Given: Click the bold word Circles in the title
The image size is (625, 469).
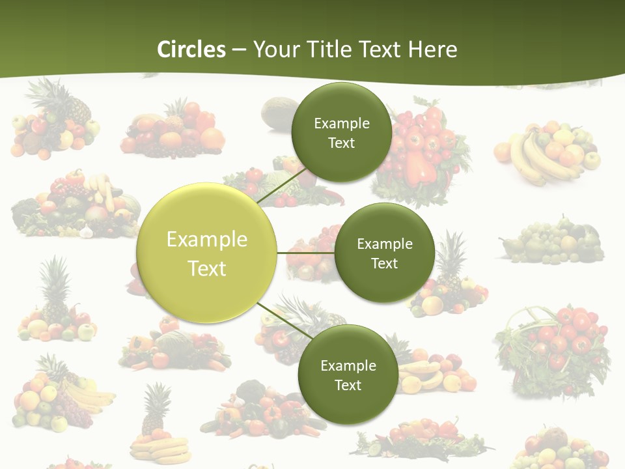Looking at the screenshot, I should tap(191, 50).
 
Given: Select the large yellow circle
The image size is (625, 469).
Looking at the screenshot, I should tap(206, 253).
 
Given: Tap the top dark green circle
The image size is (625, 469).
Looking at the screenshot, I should tap(341, 132).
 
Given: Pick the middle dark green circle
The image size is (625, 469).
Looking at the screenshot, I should tap(384, 253).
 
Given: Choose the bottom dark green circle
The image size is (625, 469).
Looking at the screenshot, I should tap(348, 375).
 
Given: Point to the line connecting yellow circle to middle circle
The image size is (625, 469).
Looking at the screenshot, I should tap(305, 253).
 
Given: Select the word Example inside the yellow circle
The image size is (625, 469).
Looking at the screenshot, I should tap(206, 239).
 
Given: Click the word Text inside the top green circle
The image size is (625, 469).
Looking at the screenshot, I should tap(341, 143).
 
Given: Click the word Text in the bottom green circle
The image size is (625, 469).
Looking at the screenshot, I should tap(348, 385).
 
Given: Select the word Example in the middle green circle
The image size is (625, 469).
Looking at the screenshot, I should tap(384, 244).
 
